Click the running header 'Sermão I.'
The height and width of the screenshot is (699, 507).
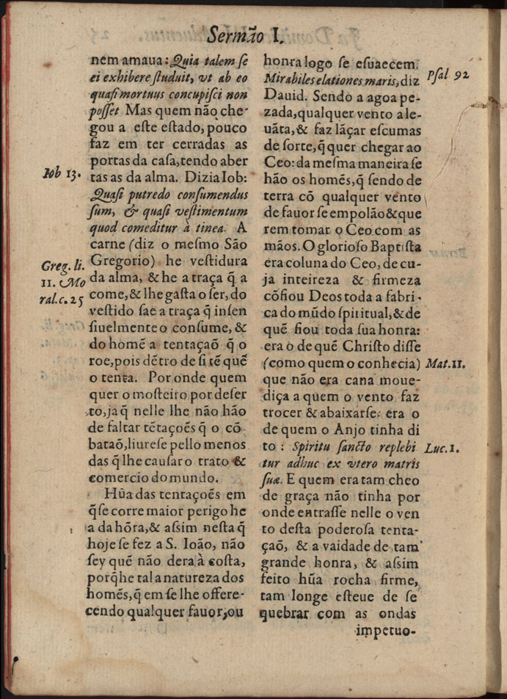pyautogui.click(x=245, y=33)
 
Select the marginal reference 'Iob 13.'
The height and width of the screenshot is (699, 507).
pyautogui.click(x=62, y=174)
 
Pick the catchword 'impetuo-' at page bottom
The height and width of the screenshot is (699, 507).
pyautogui.click(x=385, y=630)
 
